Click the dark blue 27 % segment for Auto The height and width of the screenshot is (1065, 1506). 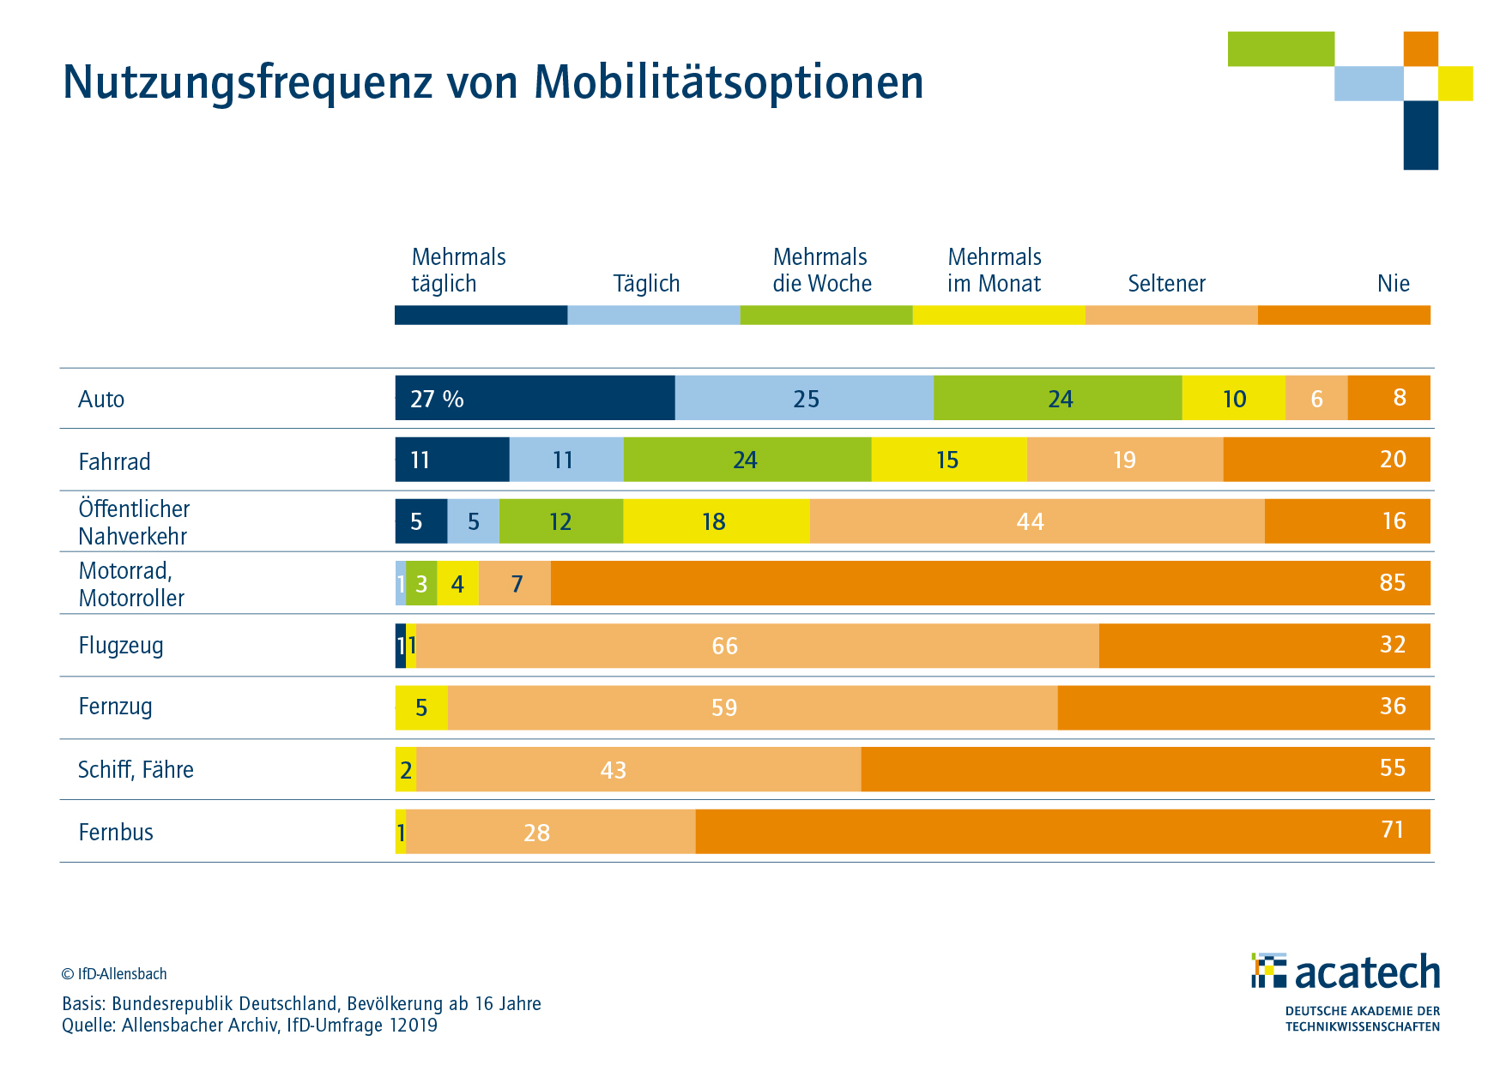pyautogui.click(x=535, y=398)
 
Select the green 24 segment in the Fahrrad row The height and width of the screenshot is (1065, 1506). pyautogui.click(x=747, y=460)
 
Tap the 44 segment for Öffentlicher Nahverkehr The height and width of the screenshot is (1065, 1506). pyautogui.click(x=1037, y=521)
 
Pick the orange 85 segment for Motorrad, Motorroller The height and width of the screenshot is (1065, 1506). pyautogui.click(x=990, y=583)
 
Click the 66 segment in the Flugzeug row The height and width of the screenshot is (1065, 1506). pyautogui.click(x=757, y=646)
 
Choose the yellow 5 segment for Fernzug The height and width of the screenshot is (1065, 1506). pyautogui.click(x=421, y=707)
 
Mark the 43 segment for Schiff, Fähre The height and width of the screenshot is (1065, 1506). pyautogui.click(x=638, y=769)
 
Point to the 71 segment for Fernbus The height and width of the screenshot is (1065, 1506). pyautogui.click(x=1062, y=831)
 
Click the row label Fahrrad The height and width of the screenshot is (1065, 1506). pyautogui.click(x=114, y=461)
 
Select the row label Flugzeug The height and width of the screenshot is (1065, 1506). pyautogui.click(x=120, y=645)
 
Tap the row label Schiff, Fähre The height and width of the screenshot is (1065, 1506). pyautogui.click(x=136, y=769)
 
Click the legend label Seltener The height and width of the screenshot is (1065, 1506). pyautogui.click(x=1166, y=283)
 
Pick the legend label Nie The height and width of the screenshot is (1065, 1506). pyautogui.click(x=1393, y=283)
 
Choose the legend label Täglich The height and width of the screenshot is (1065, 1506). pyautogui.click(x=646, y=283)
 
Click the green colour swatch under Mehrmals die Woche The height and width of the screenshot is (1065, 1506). pyautogui.click(x=826, y=315)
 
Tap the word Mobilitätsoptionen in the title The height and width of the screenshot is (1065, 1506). pyautogui.click(x=729, y=82)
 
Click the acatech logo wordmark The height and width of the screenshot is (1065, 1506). pyautogui.click(x=1366, y=972)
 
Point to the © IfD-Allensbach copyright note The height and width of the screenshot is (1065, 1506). pyautogui.click(x=114, y=973)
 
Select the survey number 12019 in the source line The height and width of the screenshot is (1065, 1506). pyautogui.click(x=413, y=1025)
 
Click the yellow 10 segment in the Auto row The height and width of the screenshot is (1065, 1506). pyautogui.click(x=1233, y=398)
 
